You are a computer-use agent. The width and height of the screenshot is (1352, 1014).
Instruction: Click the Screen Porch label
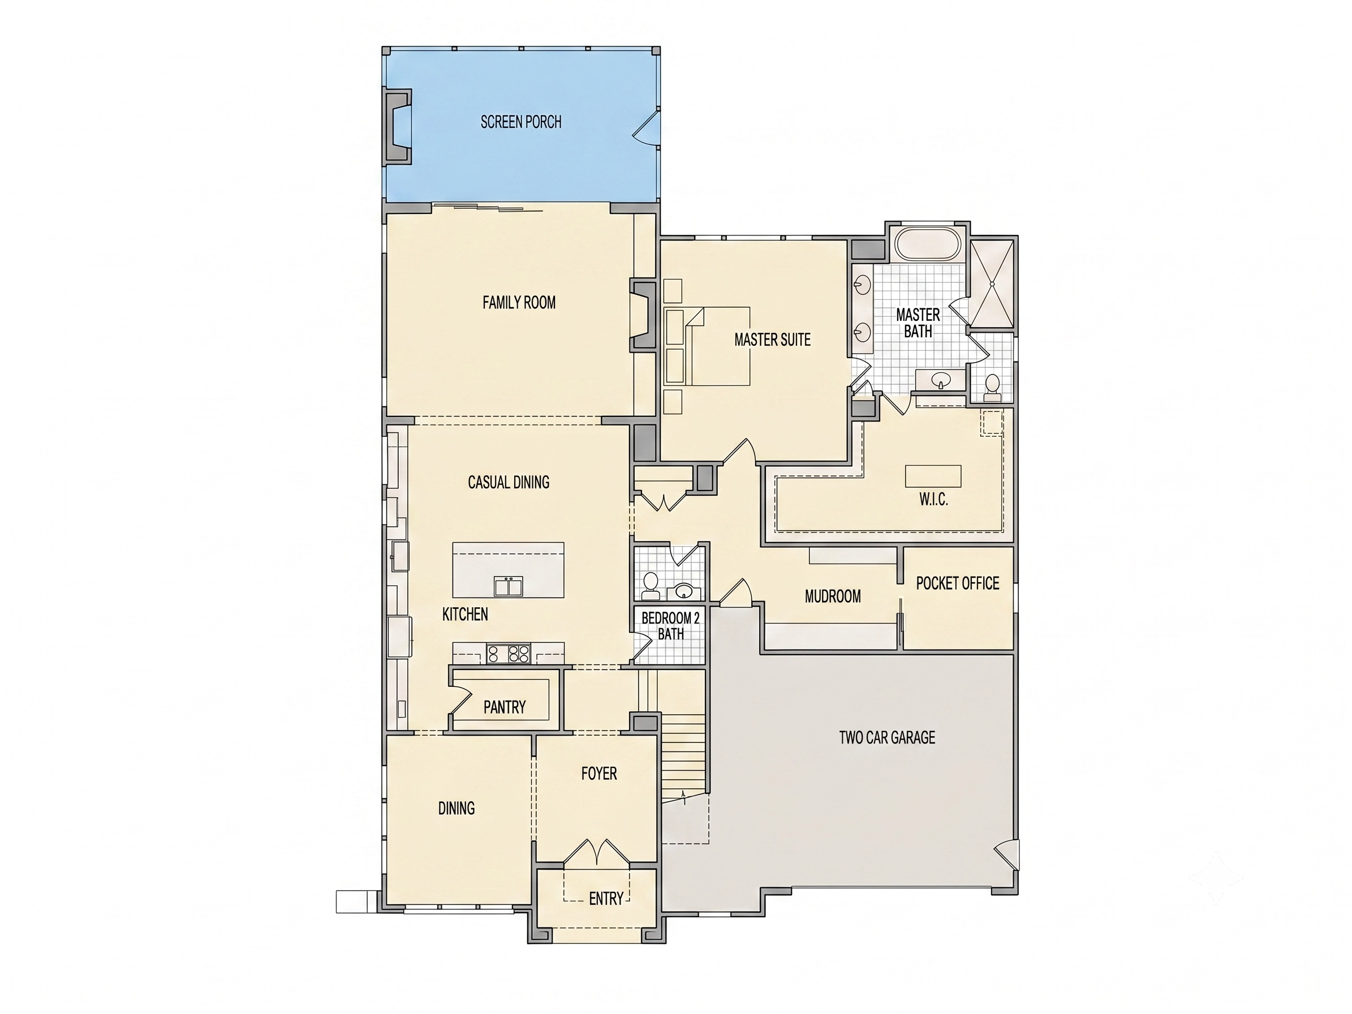(521, 122)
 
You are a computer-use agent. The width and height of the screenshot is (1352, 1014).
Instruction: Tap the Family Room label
(519, 303)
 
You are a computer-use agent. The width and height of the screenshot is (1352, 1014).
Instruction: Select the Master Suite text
(773, 340)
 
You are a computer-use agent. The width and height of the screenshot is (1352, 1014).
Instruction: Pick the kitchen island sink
(509, 586)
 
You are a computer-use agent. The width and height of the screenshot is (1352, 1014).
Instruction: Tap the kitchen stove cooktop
(508, 654)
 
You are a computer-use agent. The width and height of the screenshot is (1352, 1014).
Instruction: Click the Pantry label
(504, 707)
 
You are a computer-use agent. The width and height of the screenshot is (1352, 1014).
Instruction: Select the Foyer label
(599, 774)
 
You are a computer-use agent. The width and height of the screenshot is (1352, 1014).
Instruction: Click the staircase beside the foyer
(683, 758)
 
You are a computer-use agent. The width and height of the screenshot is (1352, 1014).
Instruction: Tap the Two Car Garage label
(887, 738)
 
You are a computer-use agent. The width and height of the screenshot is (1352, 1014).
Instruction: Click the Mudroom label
(833, 596)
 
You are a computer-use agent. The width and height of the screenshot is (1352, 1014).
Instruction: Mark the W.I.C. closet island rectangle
(933, 475)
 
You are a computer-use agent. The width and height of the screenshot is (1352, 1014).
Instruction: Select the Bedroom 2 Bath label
(670, 626)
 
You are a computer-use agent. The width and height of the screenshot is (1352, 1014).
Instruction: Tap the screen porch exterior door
(647, 128)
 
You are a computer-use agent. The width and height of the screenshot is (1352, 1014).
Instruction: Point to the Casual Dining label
(509, 482)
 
